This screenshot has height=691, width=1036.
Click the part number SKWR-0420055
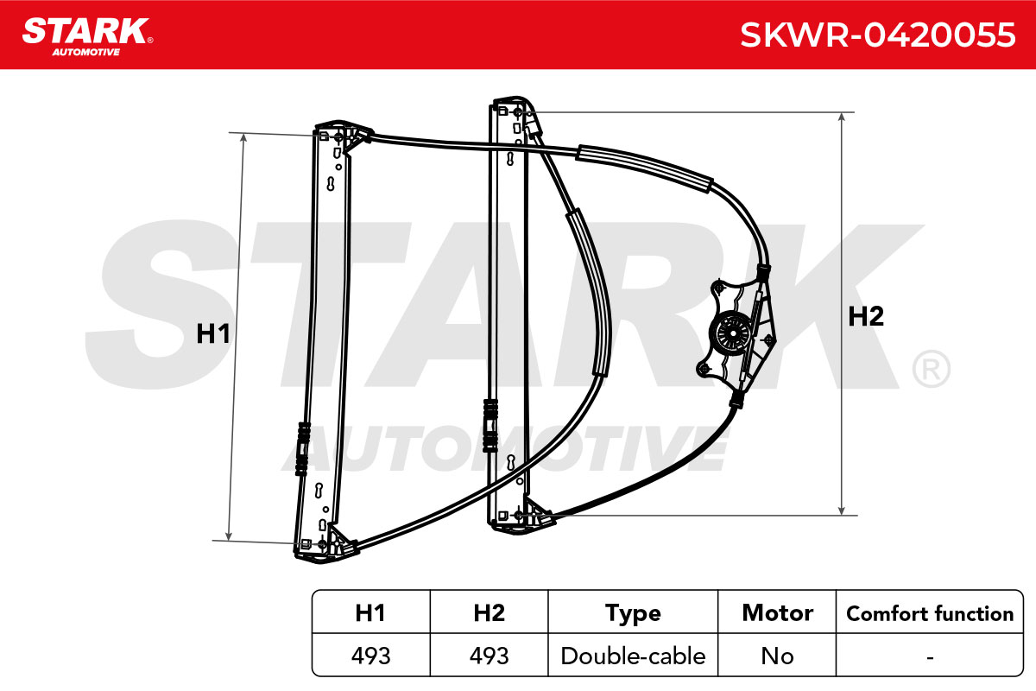pos(877,35)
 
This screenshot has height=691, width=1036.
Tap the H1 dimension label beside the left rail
pos(212,333)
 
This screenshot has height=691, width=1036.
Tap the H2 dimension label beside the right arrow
pos(866,317)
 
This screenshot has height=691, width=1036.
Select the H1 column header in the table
pos(370,612)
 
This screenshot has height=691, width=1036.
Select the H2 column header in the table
pos(490,612)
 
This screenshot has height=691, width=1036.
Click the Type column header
pos(633,614)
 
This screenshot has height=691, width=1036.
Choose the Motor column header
pos(778,612)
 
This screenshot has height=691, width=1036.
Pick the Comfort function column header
pos(930,614)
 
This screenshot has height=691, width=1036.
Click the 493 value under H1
pos(371,656)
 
